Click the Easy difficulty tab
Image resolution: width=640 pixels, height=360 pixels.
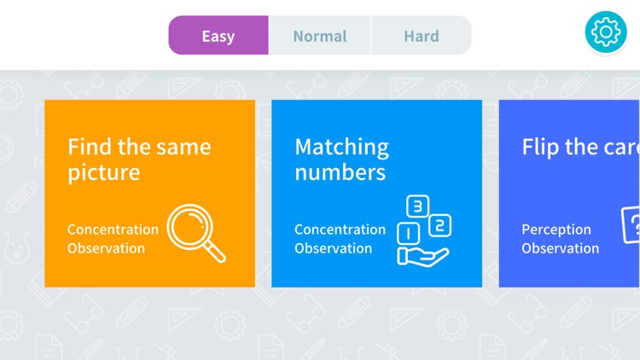pyautogui.click(x=218, y=36)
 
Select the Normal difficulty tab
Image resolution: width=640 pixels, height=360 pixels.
pyautogui.click(x=320, y=36)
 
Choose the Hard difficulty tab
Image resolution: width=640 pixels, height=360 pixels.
pyautogui.click(x=422, y=36)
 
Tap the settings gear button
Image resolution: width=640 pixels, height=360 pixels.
pyautogui.click(x=606, y=32)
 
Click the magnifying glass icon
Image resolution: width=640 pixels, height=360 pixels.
pyautogui.click(x=196, y=233)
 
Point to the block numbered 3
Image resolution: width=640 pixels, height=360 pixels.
pyautogui.click(x=416, y=206)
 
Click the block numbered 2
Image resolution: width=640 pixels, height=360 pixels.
pyautogui.click(x=439, y=226)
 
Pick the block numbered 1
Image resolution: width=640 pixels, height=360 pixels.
pyautogui.click(x=408, y=232)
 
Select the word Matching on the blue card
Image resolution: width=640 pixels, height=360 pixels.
pyautogui.click(x=341, y=147)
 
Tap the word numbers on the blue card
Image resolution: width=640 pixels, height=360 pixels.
pyautogui.click(x=340, y=172)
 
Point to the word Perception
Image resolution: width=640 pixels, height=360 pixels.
pyautogui.click(x=556, y=229)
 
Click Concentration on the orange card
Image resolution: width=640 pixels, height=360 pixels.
pyautogui.click(x=113, y=229)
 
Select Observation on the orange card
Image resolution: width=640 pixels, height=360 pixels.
pyautogui.click(x=106, y=248)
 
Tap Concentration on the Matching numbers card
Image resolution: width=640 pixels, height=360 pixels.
pyautogui.click(x=340, y=229)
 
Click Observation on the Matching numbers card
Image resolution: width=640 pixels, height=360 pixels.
pyautogui.click(x=333, y=248)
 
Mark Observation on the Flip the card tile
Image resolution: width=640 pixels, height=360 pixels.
pyautogui.click(x=560, y=248)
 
